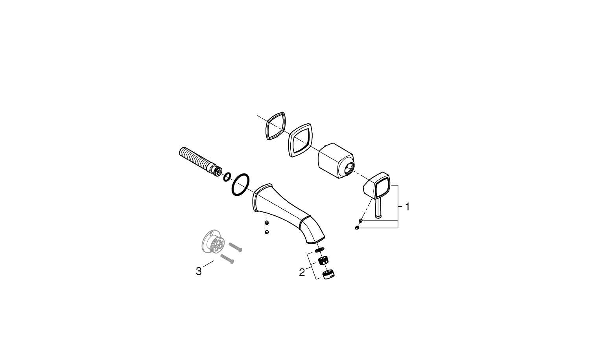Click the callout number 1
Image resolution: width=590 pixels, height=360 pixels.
tap(407, 207)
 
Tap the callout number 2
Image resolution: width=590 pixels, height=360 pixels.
tap(302, 272)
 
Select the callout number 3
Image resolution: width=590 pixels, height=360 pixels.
tap(199, 271)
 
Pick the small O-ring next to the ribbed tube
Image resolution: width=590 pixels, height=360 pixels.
tap(227, 177)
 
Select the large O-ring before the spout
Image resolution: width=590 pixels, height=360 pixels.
tap(240, 185)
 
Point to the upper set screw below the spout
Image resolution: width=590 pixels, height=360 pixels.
tap(267, 223)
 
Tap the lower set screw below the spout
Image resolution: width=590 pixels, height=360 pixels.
tap(267, 232)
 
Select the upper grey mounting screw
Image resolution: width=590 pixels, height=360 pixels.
tap(235, 247)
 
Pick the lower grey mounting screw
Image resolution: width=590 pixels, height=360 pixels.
tap(227, 259)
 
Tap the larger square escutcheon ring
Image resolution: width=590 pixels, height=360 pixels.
tap(301, 140)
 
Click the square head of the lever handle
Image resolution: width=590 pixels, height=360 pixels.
tap(377, 186)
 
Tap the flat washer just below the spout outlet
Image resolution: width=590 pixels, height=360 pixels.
tap(319, 249)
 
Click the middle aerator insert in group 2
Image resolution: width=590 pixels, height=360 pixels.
tap(324, 261)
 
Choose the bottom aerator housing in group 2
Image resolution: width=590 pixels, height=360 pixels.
tap(329, 274)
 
